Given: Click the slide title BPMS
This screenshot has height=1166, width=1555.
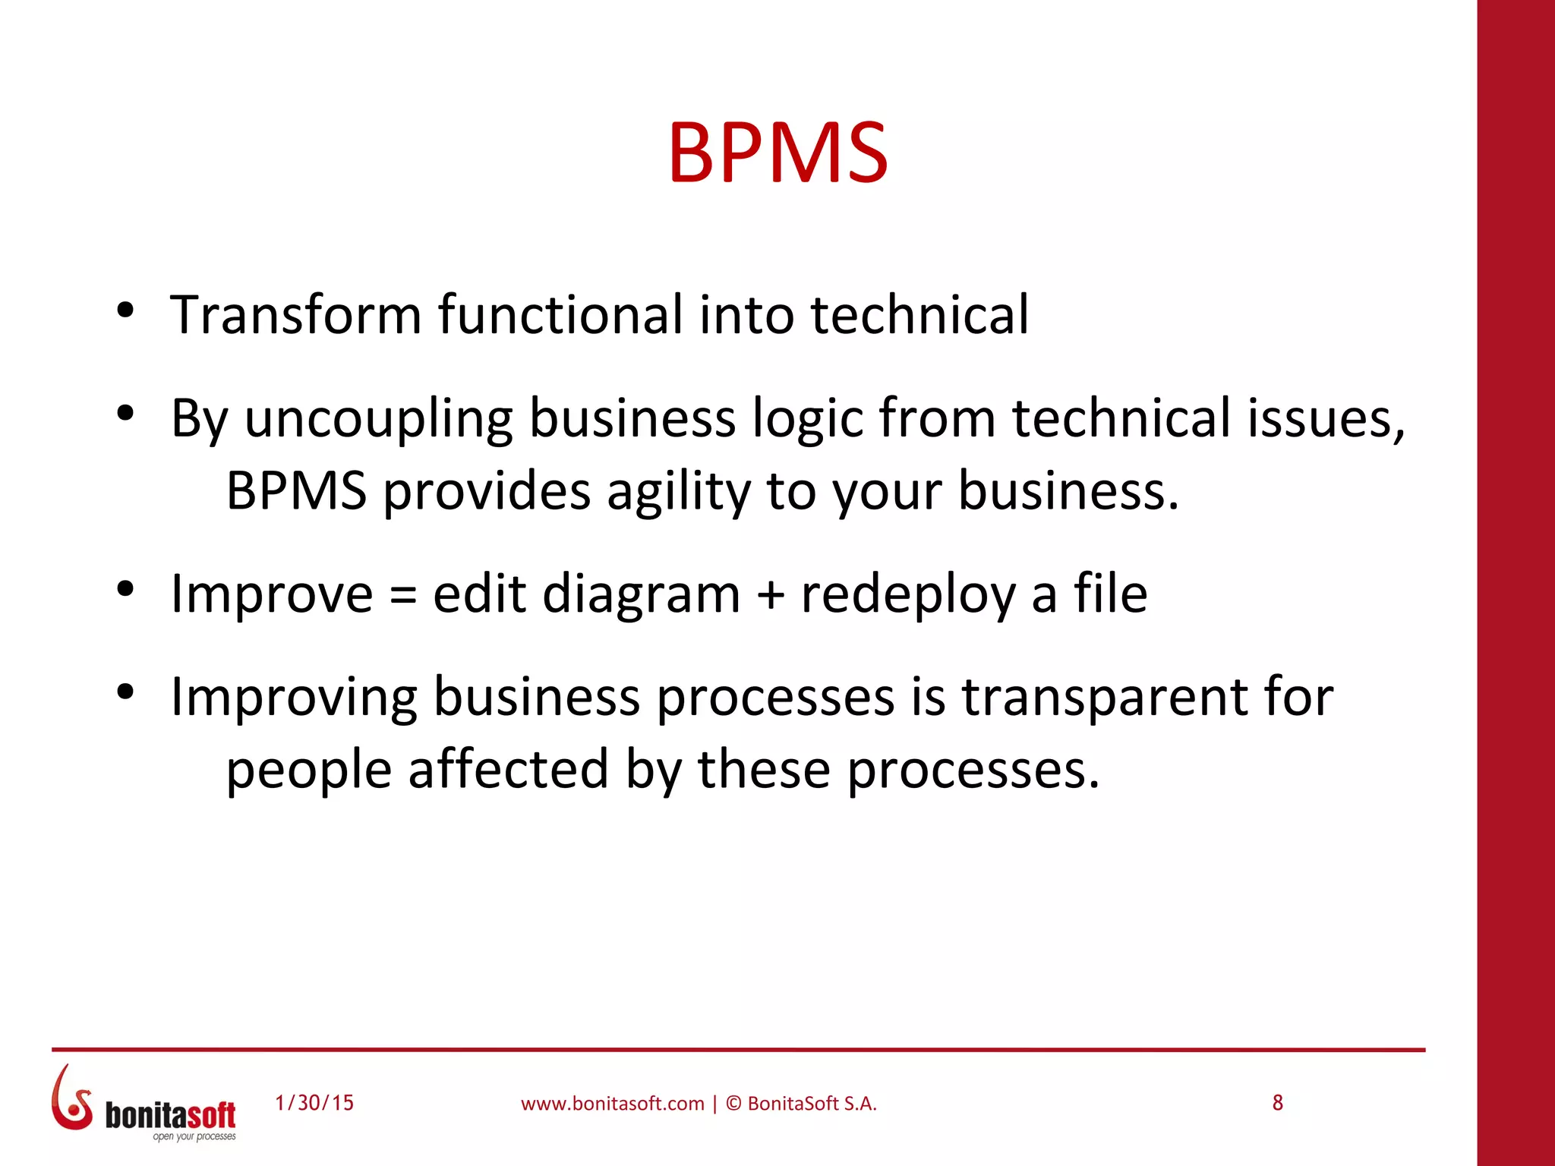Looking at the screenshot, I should pyautogui.click(x=777, y=153).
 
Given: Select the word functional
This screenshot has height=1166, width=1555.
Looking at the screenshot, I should pyautogui.click(x=560, y=314).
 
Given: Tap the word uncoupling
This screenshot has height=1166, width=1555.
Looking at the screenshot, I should pyautogui.click(x=378, y=420).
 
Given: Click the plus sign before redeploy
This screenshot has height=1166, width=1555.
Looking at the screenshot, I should pyautogui.click(x=770, y=595).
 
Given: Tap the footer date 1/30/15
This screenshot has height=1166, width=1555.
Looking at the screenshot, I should pyautogui.click(x=314, y=1103).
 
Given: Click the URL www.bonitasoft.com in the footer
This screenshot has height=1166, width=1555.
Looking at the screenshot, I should pyautogui.click(x=612, y=1104).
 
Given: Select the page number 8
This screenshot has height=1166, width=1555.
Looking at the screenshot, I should pyautogui.click(x=1278, y=1103).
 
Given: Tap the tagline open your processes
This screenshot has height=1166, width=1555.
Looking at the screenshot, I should pyautogui.click(x=194, y=1136).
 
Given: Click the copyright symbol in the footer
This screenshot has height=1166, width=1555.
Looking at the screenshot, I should pyautogui.click(x=733, y=1104).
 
